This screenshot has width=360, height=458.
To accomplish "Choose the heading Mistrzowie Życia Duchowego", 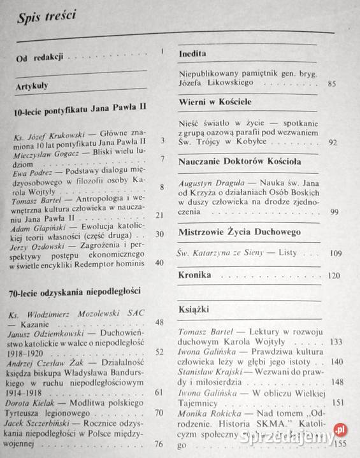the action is tap(240, 231).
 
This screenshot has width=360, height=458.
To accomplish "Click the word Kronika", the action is tap(196, 275).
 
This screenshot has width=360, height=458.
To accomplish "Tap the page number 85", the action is tap(331, 83).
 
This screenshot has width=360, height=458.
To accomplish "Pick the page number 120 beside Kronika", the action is tap(333, 276).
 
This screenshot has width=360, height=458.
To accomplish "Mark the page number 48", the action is tap(159, 322).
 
